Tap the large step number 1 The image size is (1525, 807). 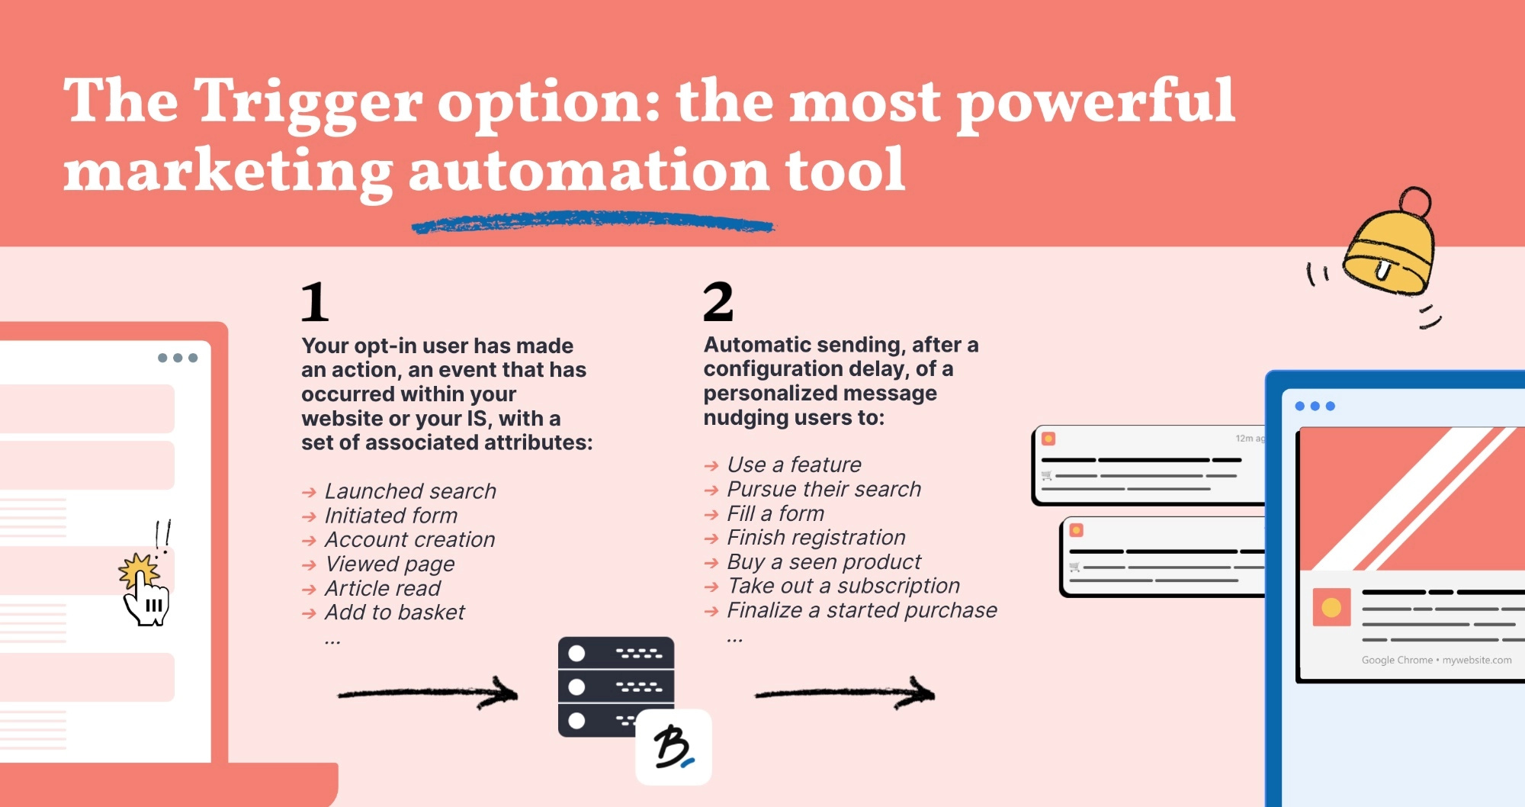pos(315,302)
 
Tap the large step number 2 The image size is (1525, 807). pos(718,301)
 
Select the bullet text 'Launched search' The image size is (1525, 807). pos(410,490)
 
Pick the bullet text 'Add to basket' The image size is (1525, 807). pos(395,612)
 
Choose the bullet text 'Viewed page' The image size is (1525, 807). pos(390,564)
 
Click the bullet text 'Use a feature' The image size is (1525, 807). pos(794,464)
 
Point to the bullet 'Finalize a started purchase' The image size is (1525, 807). pos(862,609)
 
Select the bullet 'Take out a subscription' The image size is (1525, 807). pos(843,586)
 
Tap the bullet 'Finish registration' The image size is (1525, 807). pos(816,537)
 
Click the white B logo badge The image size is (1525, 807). pos(673,747)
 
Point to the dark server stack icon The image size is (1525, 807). pos(616,686)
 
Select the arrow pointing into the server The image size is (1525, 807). pos(428,693)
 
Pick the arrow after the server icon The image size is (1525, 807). pos(845,693)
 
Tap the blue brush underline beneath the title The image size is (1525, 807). pos(592,223)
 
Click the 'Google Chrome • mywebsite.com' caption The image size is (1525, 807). pos(1437,660)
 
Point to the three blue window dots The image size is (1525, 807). pos(1315,406)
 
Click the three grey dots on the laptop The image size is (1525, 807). pos(178,358)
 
